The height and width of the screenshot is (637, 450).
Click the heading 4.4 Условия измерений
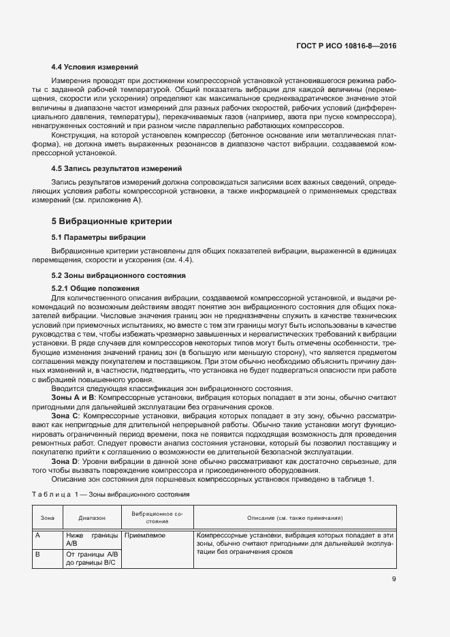tap(95, 67)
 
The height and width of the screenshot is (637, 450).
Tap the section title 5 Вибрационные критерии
tap(112, 221)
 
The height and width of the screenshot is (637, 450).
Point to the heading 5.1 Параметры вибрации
tap(98, 237)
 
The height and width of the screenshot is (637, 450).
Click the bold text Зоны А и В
tap(74, 396)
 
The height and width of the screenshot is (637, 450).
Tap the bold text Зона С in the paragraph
tap(66, 415)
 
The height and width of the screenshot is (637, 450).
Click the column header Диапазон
tap(92, 518)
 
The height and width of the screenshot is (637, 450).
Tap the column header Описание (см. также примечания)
tap(294, 518)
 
